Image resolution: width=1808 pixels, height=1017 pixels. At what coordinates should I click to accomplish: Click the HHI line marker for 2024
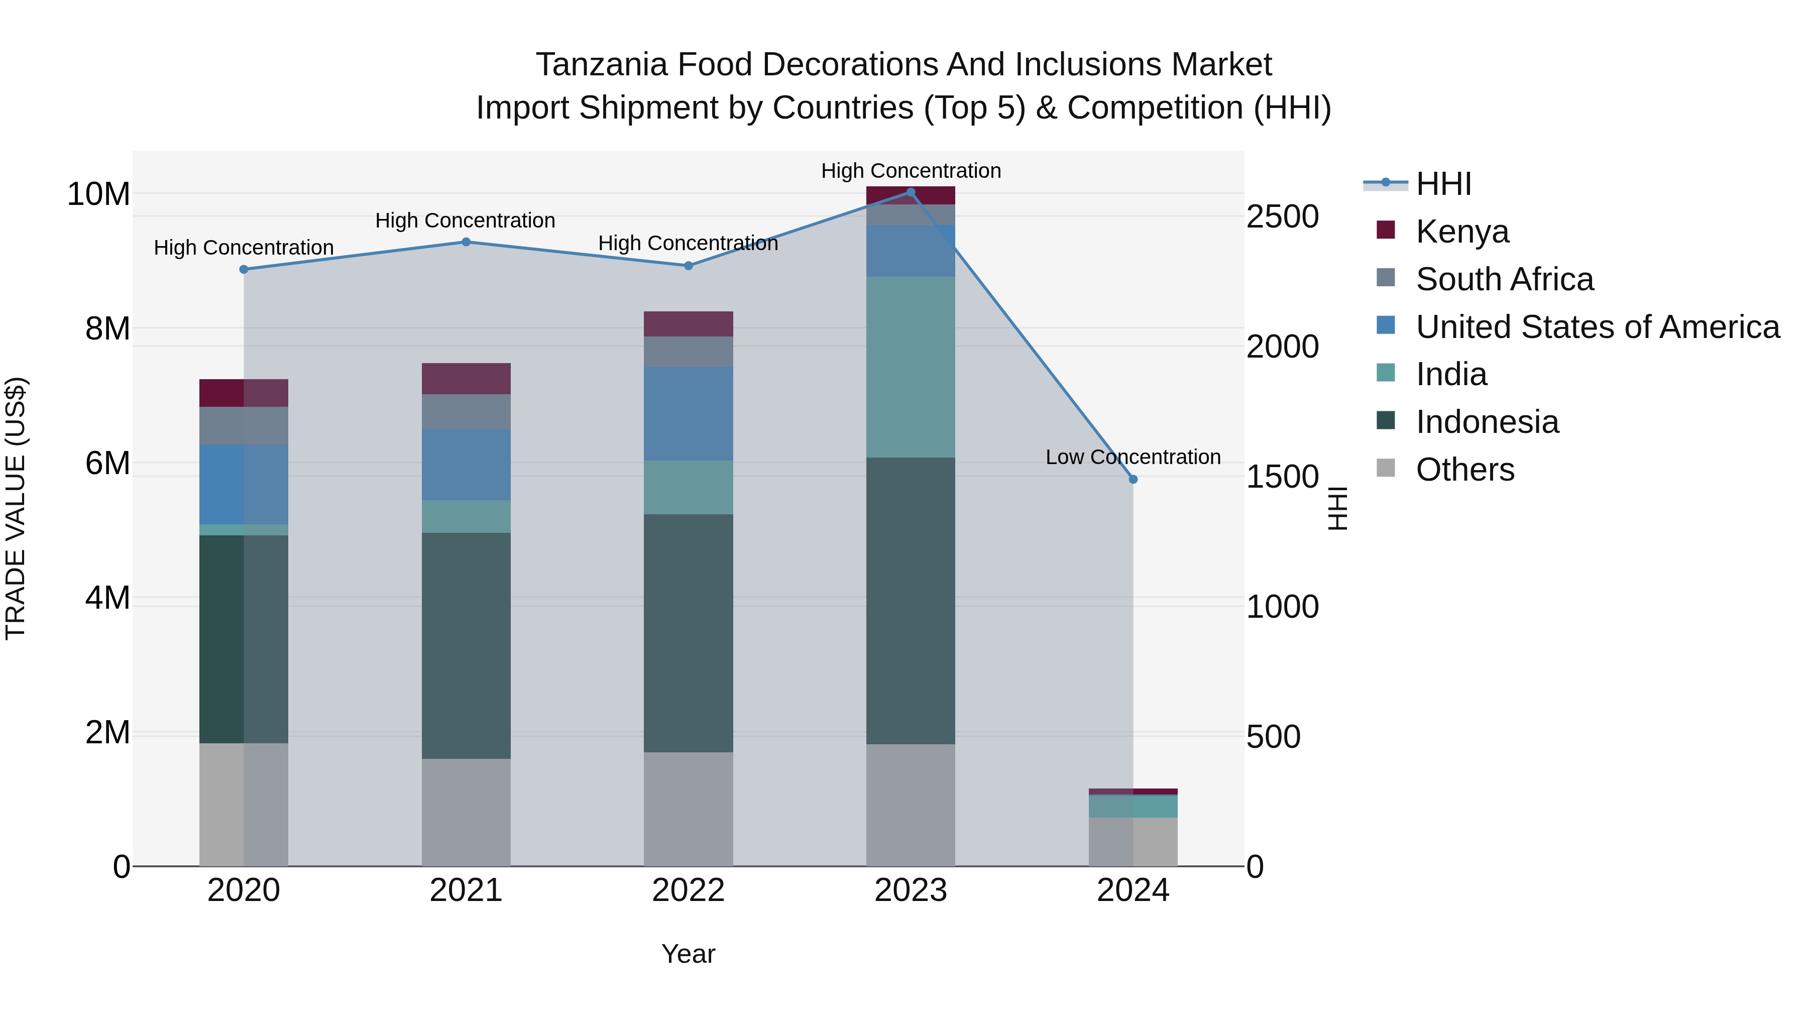pyautogui.click(x=1133, y=480)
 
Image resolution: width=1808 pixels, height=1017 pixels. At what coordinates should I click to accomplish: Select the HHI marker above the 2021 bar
pyautogui.click(x=466, y=242)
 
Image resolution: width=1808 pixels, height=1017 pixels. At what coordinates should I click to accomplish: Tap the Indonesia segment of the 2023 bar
pyautogui.click(x=911, y=601)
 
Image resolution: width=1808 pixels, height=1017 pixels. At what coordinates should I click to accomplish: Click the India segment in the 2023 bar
pyautogui.click(x=911, y=367)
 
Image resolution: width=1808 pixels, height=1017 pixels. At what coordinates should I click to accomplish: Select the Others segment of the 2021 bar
pyautogui.click(x=466, y=812)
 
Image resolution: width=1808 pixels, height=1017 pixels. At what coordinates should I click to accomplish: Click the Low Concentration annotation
pyautogui.click(x=1133, y=457)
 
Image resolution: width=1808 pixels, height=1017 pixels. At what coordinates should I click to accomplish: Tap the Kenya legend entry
pyautogui.click(x=1462, y=232)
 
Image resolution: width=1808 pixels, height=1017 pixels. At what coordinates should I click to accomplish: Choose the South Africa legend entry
pyautogui.click(x=1504, y=279)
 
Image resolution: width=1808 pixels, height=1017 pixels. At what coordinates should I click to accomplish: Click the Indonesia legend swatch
pyautogui.click(x=1386, y=420)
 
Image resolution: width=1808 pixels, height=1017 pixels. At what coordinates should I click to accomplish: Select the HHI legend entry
pyautogui.click(x=1443, y=184)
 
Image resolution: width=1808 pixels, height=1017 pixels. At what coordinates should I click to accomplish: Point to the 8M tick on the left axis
pyautogui.click(x=107, y=328)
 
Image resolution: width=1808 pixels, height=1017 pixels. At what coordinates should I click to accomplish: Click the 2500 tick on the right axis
pyautogui.click(x=1282, y=217)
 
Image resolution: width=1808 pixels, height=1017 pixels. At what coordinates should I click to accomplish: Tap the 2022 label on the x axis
pyautogui.click(x=688, y=890)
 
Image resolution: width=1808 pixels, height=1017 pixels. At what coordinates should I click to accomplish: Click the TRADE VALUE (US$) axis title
pyautogui.click(x=16, y=508)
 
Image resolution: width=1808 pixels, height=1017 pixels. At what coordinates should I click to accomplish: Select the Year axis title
pyautogui.click(x=688, y=954)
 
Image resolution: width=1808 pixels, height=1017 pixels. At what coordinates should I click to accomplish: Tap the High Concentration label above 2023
pyautogui.click(x=911, y=171)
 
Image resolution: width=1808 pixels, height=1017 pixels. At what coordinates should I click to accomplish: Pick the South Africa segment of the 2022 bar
pyautogui.click(x=688, y=352)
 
